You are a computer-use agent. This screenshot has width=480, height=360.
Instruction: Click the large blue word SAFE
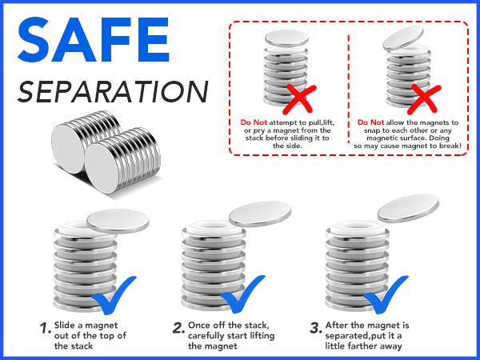94,40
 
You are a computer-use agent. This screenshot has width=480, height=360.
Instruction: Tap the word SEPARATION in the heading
113,92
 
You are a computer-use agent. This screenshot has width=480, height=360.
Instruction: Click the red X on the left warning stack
299,99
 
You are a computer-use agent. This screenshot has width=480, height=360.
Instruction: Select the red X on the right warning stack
424,99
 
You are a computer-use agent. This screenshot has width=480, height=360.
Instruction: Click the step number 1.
46,328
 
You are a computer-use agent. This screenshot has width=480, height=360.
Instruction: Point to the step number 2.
178,328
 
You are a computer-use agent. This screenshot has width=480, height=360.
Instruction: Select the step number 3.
316,328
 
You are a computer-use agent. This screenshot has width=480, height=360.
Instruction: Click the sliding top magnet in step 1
118,221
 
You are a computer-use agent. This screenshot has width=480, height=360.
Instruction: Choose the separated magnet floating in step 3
408,208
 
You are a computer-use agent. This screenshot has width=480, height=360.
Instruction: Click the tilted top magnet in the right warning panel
403,38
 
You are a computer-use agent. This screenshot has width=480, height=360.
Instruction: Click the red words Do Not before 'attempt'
254,122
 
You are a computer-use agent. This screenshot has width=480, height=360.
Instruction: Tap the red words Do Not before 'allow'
370,122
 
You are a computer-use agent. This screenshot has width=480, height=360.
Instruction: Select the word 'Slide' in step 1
66,325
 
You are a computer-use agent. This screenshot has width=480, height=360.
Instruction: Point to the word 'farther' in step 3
363,346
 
